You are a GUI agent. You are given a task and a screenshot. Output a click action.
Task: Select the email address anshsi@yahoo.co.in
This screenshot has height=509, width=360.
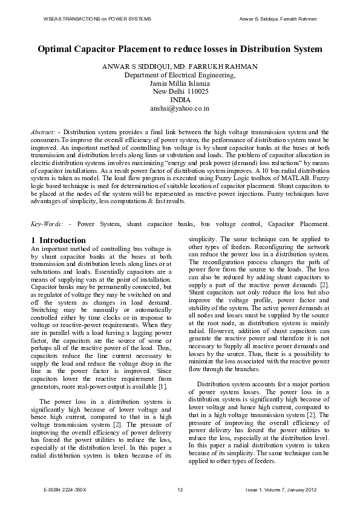[x=180, y=109]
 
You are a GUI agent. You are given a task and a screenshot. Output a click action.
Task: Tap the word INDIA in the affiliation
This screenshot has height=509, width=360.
[x=180, y=100]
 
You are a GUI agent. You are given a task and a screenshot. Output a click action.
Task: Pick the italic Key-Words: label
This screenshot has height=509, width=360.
[x=47, y=223]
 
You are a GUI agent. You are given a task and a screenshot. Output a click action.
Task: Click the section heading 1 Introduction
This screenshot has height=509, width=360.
[x=58, y=240]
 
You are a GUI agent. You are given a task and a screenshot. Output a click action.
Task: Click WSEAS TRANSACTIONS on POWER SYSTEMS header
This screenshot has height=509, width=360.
[x=97, y=19]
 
